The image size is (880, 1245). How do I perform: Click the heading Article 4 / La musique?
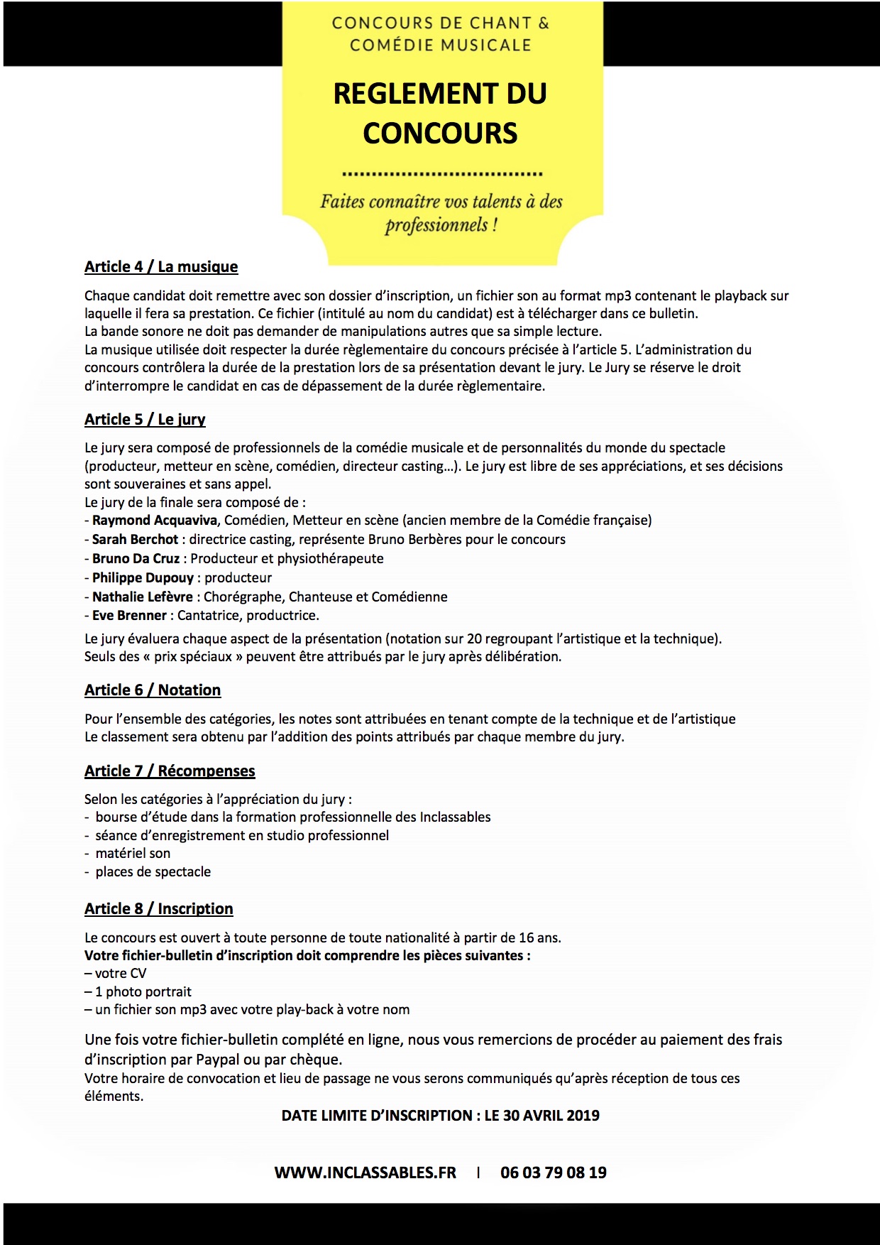click(161, 267)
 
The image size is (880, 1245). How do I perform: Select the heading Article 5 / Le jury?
click(145, 420)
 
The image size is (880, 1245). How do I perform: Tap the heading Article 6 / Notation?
click(153, 690)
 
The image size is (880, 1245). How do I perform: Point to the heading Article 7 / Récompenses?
click(170, 771)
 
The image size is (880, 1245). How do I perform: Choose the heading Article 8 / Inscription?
click(158, 909)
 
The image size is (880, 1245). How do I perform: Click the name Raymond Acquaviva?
click(155, 521)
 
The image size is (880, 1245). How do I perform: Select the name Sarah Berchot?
click(135, 540)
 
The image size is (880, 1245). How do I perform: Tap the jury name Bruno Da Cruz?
click(136, 559)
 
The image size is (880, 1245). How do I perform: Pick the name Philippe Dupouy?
click(143, 578)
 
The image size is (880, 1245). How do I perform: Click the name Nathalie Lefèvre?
click(143, 597)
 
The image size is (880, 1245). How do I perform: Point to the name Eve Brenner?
click(129, 616)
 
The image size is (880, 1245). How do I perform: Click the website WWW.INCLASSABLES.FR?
click(365, 1173)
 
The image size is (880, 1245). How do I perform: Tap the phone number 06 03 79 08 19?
click(554, 1173)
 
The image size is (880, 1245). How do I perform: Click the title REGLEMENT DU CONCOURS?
click(440, 114)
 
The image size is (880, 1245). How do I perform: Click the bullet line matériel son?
click(133, 854)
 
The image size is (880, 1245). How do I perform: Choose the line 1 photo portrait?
click(143, 992)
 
